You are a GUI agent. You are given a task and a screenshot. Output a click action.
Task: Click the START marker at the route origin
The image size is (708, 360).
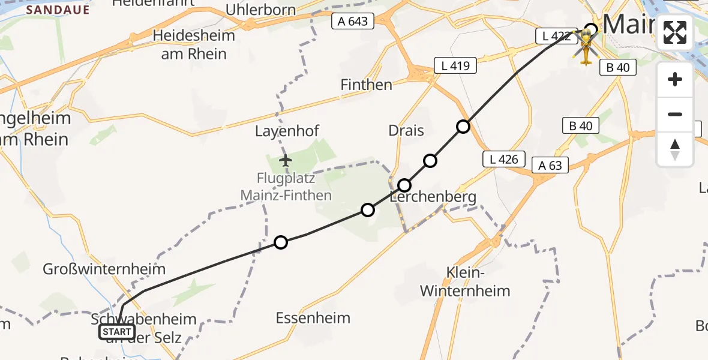[117, 332]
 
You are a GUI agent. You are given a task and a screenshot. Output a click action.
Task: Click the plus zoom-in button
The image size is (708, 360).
[675, 79]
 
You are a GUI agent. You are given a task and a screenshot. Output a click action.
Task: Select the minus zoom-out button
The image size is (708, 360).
[675, 114]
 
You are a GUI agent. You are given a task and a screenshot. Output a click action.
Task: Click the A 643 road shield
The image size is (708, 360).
[353, 22]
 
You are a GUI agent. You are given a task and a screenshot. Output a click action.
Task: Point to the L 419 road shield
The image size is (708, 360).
[455, 65]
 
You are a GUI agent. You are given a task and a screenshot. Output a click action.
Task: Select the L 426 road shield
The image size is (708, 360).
[504, 159]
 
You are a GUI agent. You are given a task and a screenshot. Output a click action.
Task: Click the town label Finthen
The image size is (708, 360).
[366, 85]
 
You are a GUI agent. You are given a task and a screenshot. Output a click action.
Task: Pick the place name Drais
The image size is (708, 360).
[406, 131]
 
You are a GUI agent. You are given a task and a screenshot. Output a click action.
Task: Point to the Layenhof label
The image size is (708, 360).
[287, 131]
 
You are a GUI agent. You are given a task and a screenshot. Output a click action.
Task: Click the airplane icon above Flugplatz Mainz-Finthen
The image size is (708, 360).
[286, 161]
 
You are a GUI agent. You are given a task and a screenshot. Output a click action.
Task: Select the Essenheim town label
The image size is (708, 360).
[313, 318]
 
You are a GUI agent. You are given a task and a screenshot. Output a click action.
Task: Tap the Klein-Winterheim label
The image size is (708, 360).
[465, 282]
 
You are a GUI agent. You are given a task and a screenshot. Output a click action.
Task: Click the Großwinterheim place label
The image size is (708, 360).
[104, 269]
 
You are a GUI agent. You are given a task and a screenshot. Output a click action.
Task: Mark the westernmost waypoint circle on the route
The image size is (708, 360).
[280, 242]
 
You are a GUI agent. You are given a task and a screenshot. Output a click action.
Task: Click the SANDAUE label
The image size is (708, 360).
[58, 10]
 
